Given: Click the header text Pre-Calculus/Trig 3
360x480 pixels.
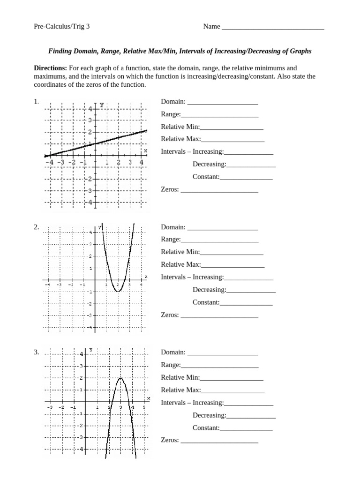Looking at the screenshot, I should coord(61,27).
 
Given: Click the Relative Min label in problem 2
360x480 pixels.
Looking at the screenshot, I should coord(180,252).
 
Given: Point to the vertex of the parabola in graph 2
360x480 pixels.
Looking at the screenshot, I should coord(118,291).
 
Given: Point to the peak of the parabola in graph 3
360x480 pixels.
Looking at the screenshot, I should coord(120,378).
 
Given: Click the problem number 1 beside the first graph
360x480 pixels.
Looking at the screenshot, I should coord(36,102).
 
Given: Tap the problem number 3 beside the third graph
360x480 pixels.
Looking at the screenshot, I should coord(36,352).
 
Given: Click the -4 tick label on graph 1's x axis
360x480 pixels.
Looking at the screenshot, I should coord(49,162).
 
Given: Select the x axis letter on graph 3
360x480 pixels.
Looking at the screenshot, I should coord(149,398).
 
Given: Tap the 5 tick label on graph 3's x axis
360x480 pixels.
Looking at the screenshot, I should coord(144,407).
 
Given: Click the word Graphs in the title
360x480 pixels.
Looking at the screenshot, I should coord(300,51).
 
